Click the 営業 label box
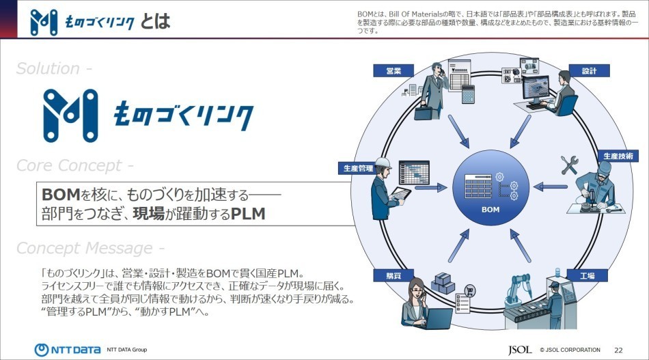click(393, 70)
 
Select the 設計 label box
click(589, 71)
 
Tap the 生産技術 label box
click(618, 156)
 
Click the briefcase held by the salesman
click(423, 113)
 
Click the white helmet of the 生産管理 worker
click(383, 164)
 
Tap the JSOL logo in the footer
click(520, 350)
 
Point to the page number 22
click(618, 350)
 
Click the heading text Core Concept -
click(74, 166)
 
